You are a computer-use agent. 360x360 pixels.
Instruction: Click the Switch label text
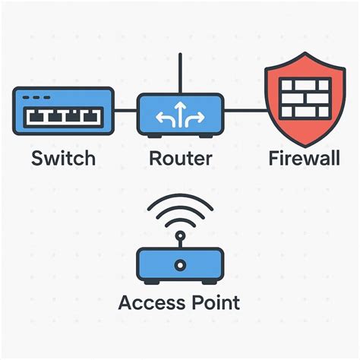click(63, 159)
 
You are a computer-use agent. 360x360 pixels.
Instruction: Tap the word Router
click(180, 159)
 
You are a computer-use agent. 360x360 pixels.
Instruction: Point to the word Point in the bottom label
click(215, 302)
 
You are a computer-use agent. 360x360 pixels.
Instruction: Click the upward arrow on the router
click(180, 112)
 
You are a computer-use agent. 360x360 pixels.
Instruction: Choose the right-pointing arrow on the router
click(195, 117)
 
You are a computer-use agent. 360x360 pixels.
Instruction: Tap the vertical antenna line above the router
click(180, 73)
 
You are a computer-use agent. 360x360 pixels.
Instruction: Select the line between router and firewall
click(245, 111)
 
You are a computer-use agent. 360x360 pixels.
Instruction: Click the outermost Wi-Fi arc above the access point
click(180, 199)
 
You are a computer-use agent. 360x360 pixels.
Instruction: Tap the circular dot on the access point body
click(180, 265)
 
